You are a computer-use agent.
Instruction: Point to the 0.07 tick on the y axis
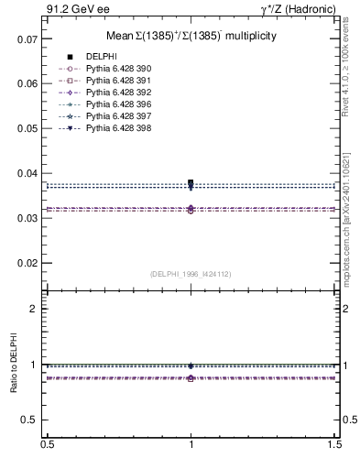27,39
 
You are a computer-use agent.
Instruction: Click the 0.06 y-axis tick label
27,84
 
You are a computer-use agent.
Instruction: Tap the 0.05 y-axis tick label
27,129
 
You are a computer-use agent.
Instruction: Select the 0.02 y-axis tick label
27,263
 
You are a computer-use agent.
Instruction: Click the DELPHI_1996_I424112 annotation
191,274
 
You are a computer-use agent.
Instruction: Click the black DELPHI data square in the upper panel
191,183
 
